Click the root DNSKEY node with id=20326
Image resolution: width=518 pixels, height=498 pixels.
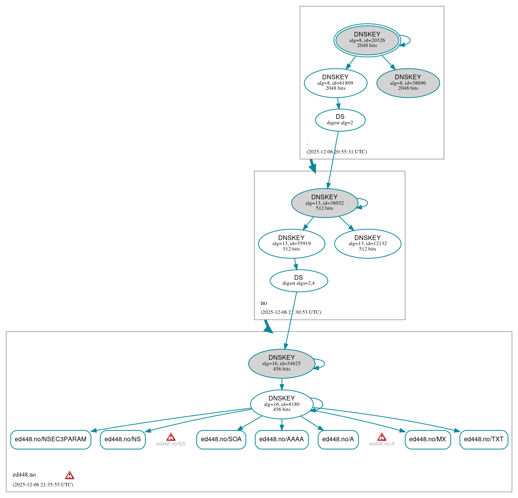367,40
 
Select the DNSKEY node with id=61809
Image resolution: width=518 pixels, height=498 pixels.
335,83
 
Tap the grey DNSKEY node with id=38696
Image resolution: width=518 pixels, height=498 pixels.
408,83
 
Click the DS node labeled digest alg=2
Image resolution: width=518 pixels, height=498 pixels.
340,120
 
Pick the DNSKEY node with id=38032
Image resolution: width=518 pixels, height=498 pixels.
324,203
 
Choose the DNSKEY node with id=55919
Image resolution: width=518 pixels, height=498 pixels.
291,244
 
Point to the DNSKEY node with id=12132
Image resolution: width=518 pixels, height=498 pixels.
368,244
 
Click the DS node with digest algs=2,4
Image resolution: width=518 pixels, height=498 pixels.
298,280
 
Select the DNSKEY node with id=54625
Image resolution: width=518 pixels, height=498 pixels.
281,364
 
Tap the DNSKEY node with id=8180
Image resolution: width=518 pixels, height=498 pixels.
281,404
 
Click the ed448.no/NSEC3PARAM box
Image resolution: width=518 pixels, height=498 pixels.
51,439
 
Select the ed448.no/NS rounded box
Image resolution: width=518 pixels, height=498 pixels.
123,439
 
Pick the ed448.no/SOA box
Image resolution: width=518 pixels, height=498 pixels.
221,439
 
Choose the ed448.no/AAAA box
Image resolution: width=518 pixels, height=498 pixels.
281,439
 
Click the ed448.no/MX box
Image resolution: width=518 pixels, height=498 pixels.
427,439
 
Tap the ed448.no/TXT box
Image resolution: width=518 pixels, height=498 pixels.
483,439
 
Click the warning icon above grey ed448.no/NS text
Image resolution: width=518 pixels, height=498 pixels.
171,437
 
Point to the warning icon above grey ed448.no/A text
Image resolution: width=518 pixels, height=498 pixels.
382,437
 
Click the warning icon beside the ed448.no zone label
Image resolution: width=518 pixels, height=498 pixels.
70,475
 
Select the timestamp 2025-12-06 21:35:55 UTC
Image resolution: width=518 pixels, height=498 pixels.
43,485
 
